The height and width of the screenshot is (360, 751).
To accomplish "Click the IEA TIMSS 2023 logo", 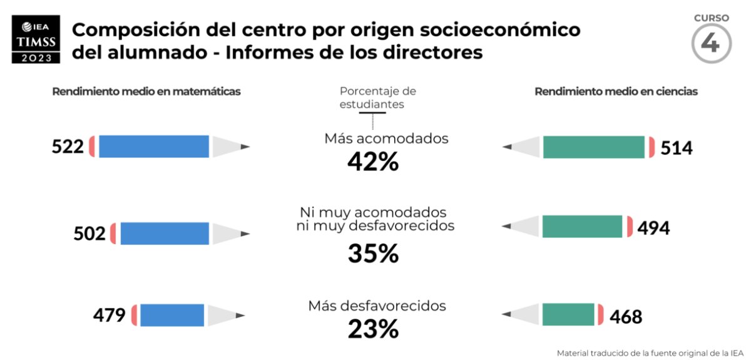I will tap(36, 39).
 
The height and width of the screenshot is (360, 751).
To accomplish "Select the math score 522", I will tap(68, 147).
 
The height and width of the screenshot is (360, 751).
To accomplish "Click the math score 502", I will tap(89, 234).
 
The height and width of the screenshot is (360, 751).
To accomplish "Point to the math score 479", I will tap(110, 315).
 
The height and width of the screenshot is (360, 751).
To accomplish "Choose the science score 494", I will tap(653, 228).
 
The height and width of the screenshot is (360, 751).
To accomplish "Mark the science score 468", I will tap(626, 316).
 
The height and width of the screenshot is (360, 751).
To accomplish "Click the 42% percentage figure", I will tap(373, 162).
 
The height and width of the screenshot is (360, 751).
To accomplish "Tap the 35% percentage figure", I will tap(373, 254).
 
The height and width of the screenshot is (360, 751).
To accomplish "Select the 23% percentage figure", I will tap(373, 329).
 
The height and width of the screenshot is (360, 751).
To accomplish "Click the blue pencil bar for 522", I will tap(154, 147).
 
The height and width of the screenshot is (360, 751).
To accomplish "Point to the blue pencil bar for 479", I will tap(172, 315).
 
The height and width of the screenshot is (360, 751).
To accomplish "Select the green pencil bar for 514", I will tap(593, 147).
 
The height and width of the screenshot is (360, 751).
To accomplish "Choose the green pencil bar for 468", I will tap(568, 314).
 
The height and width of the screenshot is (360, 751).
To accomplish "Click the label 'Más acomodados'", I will tap(386, 138).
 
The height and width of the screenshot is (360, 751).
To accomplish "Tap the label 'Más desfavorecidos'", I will tap(377, 306).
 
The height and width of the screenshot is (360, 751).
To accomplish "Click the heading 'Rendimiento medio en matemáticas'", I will tap(146, 91).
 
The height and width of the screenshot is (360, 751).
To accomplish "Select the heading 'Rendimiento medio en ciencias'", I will tap(616, 91).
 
